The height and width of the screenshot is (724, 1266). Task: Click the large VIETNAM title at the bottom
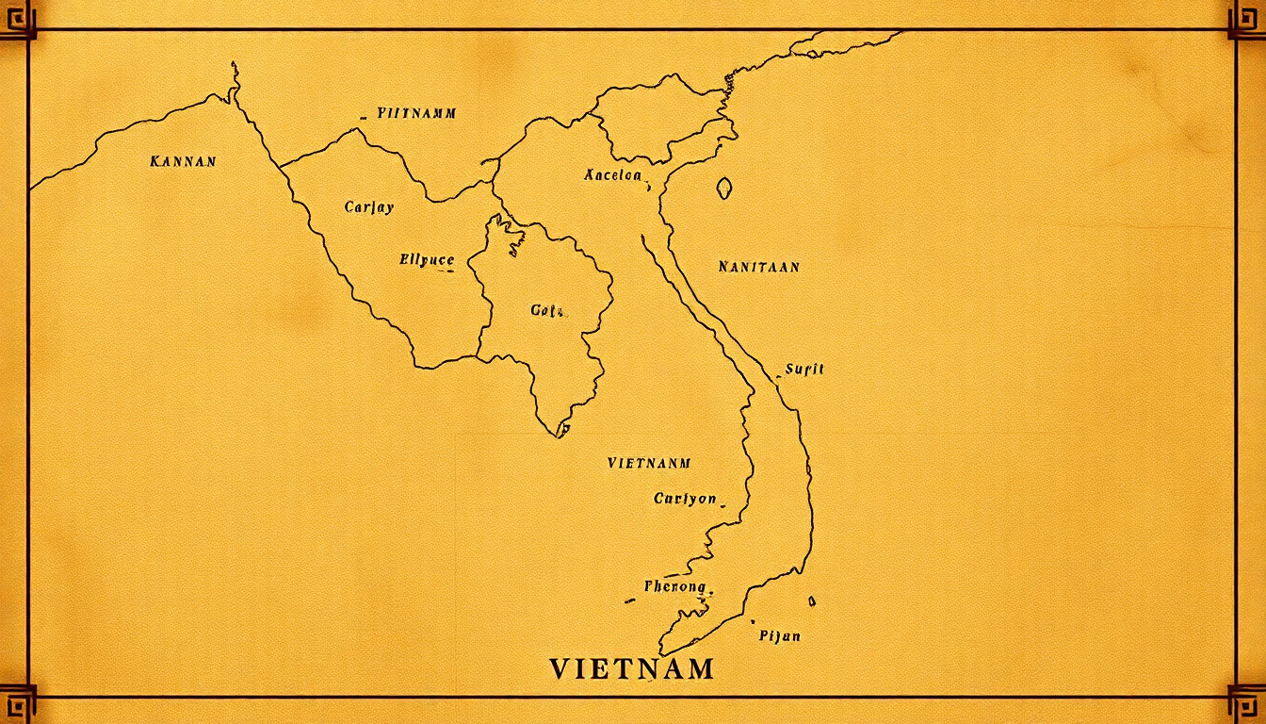(631, 669)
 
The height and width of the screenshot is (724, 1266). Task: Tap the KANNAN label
(183, 161)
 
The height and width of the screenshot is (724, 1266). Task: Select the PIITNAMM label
(416, 113)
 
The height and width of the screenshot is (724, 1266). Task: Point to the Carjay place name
(369, 207)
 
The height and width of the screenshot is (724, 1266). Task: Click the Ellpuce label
(427, 260)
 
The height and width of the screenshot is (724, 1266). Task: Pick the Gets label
(546, 310)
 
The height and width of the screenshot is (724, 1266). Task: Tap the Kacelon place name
(612, 175)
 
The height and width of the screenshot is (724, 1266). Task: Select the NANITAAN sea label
(758, 267)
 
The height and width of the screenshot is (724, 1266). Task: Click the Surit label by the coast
(804, 369)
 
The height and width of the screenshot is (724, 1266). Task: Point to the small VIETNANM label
(649, 463)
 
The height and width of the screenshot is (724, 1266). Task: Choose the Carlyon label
(685, 499)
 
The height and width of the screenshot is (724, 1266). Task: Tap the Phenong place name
(674, 586)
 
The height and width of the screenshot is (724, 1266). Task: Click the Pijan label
(779, 635)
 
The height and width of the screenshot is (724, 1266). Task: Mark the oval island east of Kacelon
(723, 188)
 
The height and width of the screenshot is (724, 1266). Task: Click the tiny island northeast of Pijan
(812, 601)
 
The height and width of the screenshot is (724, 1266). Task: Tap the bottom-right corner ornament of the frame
(1247, 702)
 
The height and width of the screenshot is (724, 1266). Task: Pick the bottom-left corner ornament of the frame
(17, 702)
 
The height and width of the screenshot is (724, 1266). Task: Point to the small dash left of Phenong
(629, 601)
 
